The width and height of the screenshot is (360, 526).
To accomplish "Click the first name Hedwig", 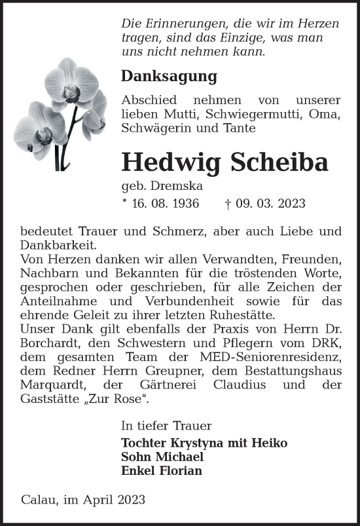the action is coord(169,163).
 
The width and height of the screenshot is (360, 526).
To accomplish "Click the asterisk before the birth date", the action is coord(124,202).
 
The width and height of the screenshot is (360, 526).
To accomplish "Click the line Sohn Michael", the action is coord(162,457).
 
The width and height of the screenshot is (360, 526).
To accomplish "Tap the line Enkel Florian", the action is coord(162,470).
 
